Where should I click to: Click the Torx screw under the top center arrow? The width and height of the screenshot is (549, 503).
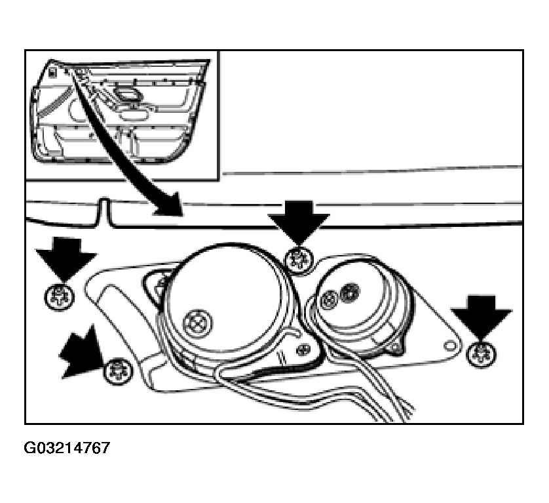298,260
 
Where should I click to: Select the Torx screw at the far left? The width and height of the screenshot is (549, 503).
60,297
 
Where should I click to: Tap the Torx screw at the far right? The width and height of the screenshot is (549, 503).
482,353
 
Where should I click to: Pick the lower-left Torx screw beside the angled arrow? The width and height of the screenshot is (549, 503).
119,372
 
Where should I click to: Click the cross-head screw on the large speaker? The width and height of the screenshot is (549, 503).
198,323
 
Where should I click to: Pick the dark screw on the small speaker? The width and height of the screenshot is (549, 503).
350,291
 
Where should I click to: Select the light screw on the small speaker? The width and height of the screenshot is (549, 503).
329,300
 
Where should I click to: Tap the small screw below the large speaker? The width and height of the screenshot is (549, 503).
303,349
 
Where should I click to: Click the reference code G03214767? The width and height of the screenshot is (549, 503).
67,448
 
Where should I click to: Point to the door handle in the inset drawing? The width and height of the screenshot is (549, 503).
126,94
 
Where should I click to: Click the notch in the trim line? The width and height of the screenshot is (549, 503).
104,212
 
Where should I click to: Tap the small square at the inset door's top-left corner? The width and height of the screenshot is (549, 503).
52,73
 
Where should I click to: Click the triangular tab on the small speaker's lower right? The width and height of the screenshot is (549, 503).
396,346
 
